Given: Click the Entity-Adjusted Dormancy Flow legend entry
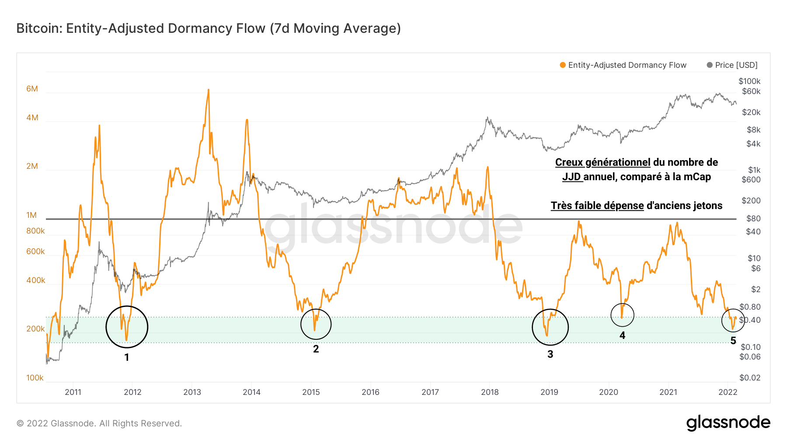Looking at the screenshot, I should pos(623,65).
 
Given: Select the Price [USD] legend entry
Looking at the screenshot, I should pos(732,65).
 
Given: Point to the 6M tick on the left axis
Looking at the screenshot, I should pos(32,89).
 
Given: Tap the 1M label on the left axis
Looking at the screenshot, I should pos(31,215).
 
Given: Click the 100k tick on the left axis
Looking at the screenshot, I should pos(35,378).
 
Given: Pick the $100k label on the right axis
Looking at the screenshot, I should pos(749,81).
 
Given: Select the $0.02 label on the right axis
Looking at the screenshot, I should pos(750,378).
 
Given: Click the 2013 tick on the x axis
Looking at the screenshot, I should pos(192,392).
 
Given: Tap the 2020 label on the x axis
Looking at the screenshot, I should pos(609,392).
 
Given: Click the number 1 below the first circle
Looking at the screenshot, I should pos(127,358).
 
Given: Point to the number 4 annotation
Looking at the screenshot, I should pos(622,335).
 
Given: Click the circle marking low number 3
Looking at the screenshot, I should pos(550,327).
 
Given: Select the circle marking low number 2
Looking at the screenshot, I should pos(316,324).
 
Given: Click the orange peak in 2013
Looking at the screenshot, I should pos(208,91).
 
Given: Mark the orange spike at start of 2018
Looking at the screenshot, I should pos(488,167).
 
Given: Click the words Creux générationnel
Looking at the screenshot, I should pos(602,162).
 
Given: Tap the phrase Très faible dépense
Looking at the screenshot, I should pos(597,206).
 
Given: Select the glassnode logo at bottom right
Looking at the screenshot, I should pos(728,423).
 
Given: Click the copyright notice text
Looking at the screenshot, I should pos(99,423).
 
